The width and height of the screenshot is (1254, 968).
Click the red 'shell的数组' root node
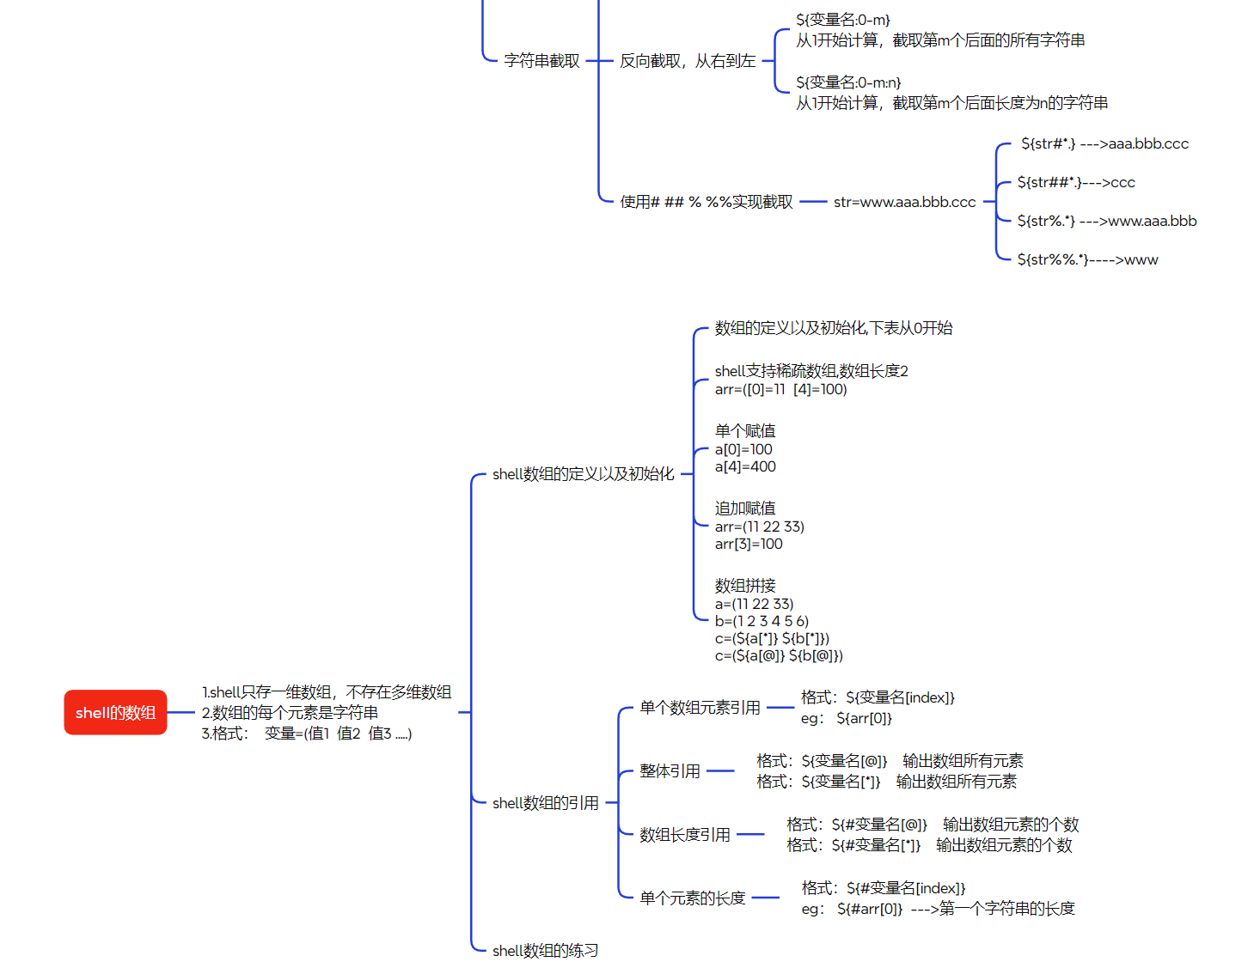pos(115,713)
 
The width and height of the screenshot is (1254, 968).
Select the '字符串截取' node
pos(541,61)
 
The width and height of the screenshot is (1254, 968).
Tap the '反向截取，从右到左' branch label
pos(688,61)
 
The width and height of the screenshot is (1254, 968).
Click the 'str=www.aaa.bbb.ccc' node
pos(904,203)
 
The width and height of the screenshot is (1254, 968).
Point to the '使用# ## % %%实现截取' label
pos(707,202)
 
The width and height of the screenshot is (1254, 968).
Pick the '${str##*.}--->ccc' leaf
pos(1076,182)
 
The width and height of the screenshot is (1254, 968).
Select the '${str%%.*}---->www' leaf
pos(1087,259)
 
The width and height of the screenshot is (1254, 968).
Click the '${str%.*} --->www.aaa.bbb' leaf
pos(1106,221)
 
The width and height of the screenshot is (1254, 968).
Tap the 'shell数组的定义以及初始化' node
pos(583,474)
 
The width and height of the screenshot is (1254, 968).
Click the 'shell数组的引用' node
pos(545,803)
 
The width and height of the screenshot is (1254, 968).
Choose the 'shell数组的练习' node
pos(545,951)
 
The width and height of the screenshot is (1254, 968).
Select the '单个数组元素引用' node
pos(700,708)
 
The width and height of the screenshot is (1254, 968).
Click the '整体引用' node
pos(670,771)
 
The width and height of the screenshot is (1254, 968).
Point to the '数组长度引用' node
pos(685,835)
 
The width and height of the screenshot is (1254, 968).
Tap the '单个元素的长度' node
pos(692,898)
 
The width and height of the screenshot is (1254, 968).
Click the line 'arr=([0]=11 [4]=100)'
pos(780,389)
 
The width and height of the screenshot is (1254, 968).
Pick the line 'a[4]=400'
pos(745,466)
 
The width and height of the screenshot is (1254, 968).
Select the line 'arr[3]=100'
pos(749,544)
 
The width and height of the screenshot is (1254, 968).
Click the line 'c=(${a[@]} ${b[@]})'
pos(779,655)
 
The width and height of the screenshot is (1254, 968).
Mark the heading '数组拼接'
pos(745,586)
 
